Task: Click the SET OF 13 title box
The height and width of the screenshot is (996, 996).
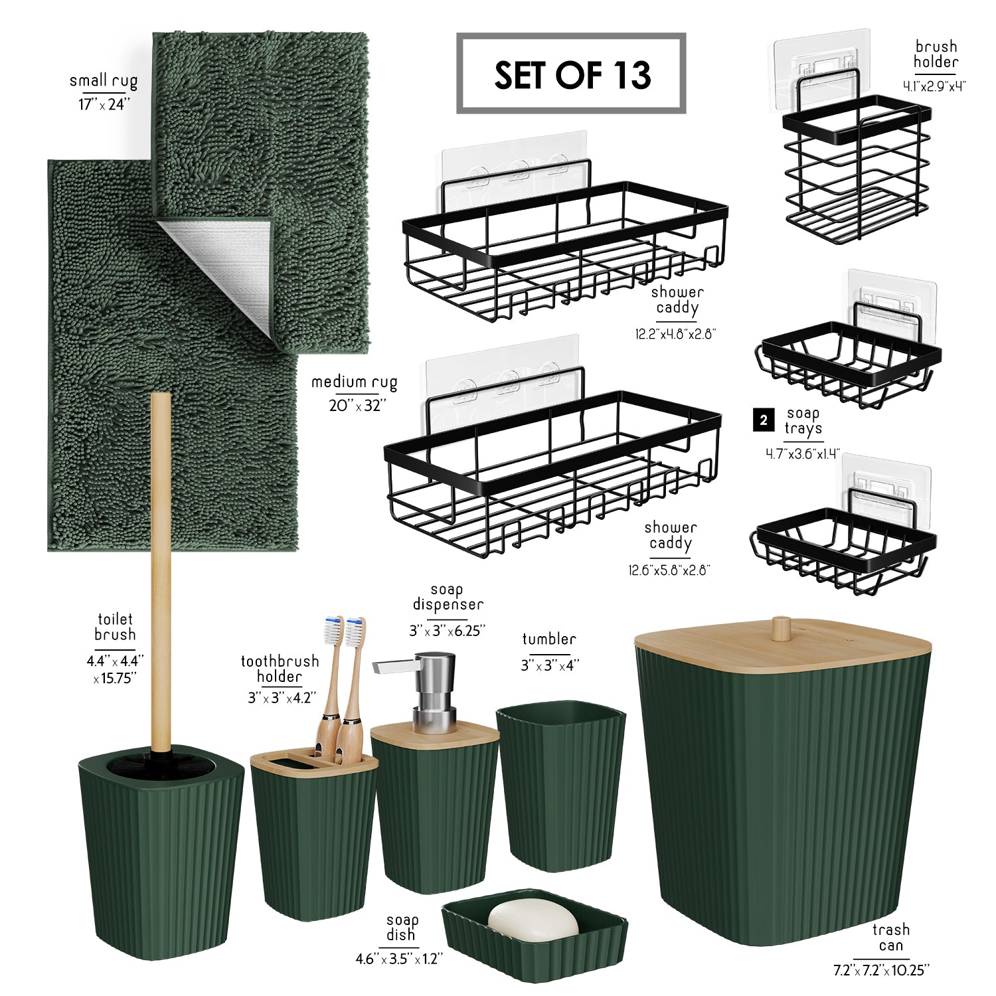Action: pyautogui.click(x=571, y=73)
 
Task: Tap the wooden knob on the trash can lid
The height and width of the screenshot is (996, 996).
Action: pyautogui.click(x=782, y=627)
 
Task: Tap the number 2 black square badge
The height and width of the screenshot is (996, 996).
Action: pyautogui.click(x=764, y=420)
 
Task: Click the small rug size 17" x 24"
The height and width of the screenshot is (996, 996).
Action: pyautogui.click(x=105, y=104)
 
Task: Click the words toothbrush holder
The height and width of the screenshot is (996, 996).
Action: pyautogui.click(x=280, y=669)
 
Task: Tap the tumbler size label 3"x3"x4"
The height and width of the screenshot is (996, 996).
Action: pyautogui.click(x=550, y=665)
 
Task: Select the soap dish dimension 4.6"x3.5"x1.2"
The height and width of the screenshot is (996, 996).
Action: pyautogui.click(x=399, y=959)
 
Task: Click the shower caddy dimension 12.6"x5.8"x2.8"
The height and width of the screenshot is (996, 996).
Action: pyautogui.click(x=669, y=570)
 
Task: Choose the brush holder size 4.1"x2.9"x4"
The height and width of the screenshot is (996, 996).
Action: pyautogui.click(x=934, y=86)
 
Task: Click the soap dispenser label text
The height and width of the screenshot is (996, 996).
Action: pyautogui.click(x=448, y=597)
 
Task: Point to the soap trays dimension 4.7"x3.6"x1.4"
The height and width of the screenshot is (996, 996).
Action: pyautogui.click(x=803, y=454)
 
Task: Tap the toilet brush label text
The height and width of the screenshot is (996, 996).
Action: pyautogui.click(x=115, y=627)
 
